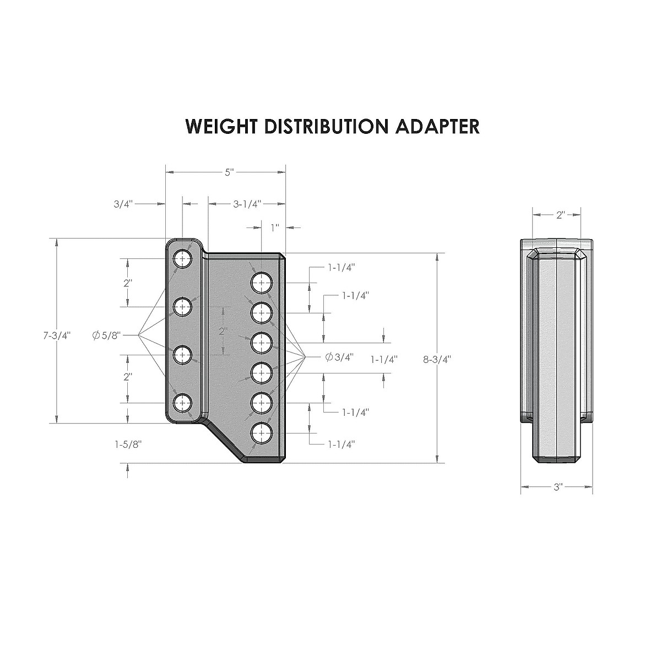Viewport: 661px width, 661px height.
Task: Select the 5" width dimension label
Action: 228,172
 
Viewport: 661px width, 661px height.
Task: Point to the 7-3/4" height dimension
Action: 57,335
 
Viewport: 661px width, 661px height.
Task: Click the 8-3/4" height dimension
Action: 437,359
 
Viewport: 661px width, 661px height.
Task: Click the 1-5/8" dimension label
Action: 128,445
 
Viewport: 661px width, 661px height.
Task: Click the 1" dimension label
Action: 274,226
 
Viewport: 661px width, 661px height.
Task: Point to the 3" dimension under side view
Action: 557,487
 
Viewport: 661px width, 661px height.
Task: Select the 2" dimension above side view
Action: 560,215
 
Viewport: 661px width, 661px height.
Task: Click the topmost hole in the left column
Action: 182,258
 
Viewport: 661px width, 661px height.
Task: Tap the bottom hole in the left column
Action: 182,403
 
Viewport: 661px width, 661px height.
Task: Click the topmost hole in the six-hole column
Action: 262,283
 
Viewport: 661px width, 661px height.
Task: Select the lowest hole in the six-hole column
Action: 262,434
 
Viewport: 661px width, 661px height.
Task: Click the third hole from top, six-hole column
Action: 262,343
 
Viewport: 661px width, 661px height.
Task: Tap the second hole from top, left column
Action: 182,306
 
